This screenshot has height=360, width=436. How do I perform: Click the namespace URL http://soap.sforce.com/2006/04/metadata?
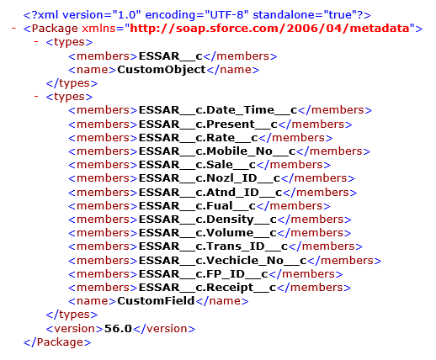coord(269,29)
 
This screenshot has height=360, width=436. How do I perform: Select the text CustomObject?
coord(162,70)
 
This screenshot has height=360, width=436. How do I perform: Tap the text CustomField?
coord(156,301)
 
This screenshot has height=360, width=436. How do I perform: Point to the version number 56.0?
coord(118,329)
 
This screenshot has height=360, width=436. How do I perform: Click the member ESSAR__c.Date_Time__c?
coord(218,110)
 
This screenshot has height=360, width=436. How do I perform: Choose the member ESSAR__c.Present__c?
coord(208,124)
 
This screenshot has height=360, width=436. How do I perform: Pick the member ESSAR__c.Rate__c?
coord(199,138)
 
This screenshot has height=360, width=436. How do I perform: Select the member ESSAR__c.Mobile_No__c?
coord(217,151)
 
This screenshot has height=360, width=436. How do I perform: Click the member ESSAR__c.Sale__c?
coord(197,165)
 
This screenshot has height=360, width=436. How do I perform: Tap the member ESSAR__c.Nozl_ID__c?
coord(210,178)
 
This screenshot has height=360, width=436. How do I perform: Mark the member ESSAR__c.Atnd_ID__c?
coord(210,193)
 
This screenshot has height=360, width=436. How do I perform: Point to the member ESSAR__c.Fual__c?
coord(197,206)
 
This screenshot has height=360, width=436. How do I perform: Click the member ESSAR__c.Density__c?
coord(208,220)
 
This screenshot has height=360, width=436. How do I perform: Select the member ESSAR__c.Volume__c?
coord(208,233)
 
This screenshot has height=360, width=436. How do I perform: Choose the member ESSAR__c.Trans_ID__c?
coord(213,246)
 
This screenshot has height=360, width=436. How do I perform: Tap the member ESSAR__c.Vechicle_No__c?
coord(223,261)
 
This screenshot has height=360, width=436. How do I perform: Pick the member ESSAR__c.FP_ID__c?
coord(204,274)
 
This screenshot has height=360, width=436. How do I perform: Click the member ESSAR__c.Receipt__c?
coord(208,288)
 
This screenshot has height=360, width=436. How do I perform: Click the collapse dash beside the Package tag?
coord(13,29)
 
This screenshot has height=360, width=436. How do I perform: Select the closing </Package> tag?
coord(57,342)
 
